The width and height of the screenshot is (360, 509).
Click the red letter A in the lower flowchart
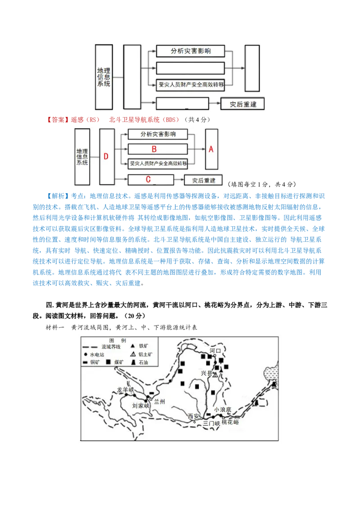pos(211,149)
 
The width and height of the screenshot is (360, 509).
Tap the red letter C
pos(148,180)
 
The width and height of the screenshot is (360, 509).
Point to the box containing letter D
pos(107,156)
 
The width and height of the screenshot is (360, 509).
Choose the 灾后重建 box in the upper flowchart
pos(243,104)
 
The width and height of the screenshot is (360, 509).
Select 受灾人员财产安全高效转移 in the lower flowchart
pos(157,163)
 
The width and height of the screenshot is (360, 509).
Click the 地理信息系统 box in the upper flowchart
pos(103,76)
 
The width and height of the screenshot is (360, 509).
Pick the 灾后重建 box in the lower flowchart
pos(204,180)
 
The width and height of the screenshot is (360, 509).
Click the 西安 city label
pos(193,416)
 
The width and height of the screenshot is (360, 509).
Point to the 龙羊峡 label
pos(126,390)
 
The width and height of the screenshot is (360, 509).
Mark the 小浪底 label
pos(222,410)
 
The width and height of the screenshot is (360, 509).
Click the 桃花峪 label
pos(230,422)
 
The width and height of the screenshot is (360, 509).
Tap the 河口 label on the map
pos(216,351)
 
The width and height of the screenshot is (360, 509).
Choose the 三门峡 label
pos(211,423)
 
